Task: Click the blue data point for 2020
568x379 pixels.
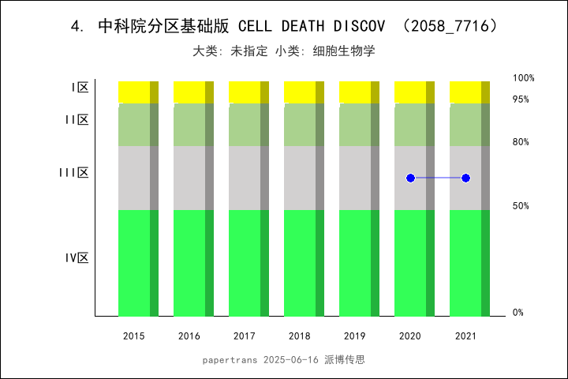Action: point(410,178)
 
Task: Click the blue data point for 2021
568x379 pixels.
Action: point(465,178)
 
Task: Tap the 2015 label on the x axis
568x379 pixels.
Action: point(134,336)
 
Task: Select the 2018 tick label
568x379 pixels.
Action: point(300,336)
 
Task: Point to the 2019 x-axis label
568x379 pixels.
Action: point(355,336)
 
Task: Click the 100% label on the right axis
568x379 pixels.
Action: point(523,78)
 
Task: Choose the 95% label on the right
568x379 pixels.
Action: point(521,99)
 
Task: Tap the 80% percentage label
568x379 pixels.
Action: point(521,142)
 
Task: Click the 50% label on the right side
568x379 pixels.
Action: point(521,206)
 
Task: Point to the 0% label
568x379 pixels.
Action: point(518,313)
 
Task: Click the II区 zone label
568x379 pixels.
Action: point(77,120)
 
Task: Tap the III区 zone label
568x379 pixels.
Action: point(74,173)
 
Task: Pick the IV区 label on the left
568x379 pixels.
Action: point(77,258)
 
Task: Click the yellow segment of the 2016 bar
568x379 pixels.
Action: point(189,92)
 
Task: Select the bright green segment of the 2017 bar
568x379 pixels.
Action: point(245,263)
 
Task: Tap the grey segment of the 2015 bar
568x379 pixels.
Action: point(134,178)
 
